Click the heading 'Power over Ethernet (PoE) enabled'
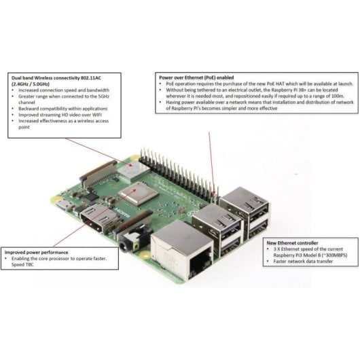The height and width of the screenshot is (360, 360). (198, 77)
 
